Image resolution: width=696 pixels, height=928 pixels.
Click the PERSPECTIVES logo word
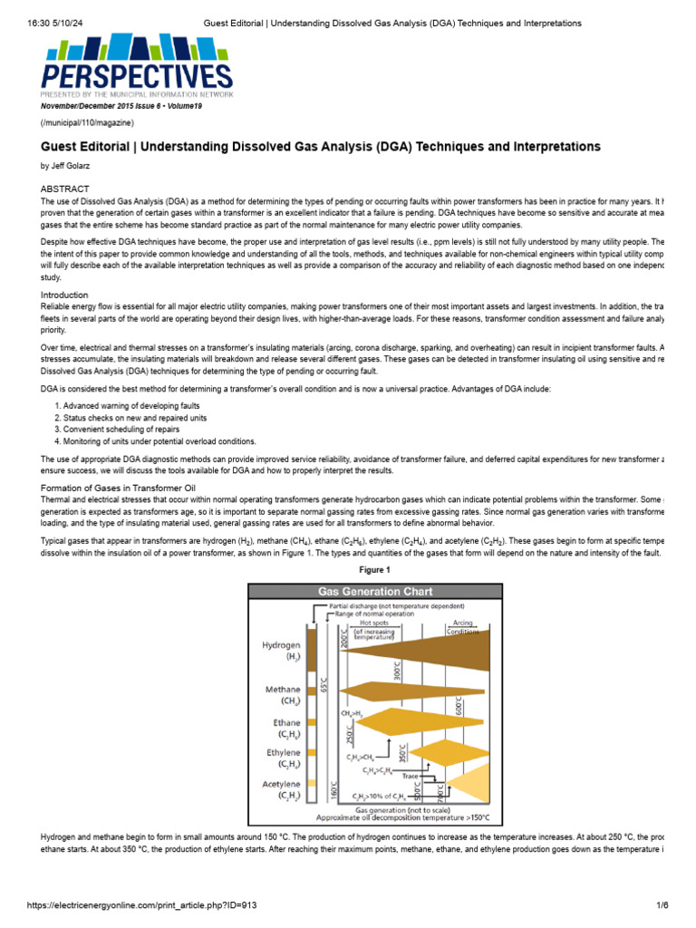pos(136,74)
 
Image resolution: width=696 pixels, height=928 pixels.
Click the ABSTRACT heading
pos(65,188)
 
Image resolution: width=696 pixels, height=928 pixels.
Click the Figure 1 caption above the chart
pos(374,570)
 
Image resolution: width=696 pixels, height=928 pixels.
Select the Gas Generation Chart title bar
pos(373,591)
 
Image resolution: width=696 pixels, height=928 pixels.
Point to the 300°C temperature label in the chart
pos(397,670)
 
